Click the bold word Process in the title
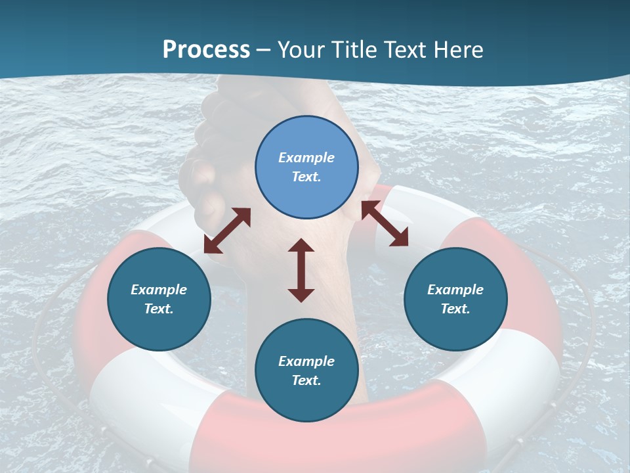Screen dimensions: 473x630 (206, 50)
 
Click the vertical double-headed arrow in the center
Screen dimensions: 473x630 (301, 270)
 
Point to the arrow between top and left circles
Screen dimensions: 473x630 (227, 231)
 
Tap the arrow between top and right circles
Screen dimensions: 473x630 (385, 224)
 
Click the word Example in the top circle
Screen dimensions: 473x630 (306, 158)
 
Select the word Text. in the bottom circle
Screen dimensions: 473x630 (306, 380)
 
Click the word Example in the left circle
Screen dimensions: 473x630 (159, 290)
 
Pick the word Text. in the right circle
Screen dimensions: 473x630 (455, 309)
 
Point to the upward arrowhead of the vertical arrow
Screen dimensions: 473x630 (301, 246)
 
